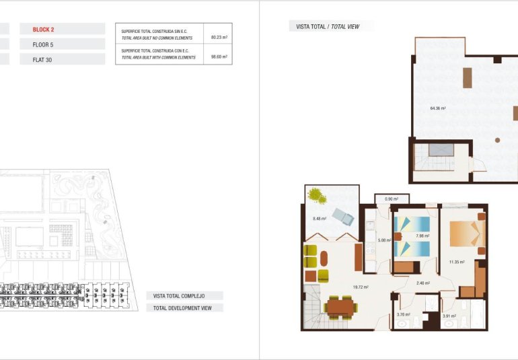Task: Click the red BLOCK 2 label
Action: (x=44, y=30)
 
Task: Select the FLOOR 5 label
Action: (x=44, y=44)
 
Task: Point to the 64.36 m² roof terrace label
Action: (x=438, y=108)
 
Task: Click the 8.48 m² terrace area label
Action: (x=320, y=219)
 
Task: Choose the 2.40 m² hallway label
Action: (x=423, y=283)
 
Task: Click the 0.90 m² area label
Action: (x=392, y=199)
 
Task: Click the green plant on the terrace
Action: (x=316, y=196)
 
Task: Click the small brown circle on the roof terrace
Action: (x=497, y=140)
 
